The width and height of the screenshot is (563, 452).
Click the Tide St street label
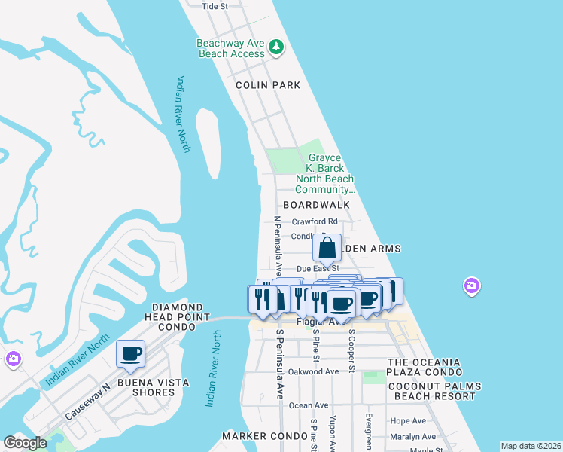[215, 6]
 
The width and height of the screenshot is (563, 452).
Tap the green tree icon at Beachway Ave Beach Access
[276, 47]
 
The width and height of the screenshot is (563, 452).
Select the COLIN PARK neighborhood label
[268, 85]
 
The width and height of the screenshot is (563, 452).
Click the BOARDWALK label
[317, 205]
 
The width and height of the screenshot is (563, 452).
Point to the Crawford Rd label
[315, 221]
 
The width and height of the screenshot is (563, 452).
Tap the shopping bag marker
[327, 248]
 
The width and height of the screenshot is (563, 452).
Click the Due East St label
[318, 268]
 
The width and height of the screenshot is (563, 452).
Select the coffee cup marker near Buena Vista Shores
[131, 354]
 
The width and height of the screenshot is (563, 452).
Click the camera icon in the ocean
[471, 286]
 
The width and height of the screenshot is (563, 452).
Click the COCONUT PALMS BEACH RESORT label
[434, 392]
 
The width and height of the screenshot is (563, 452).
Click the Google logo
[26, 443]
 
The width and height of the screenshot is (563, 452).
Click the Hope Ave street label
[408, 421]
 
